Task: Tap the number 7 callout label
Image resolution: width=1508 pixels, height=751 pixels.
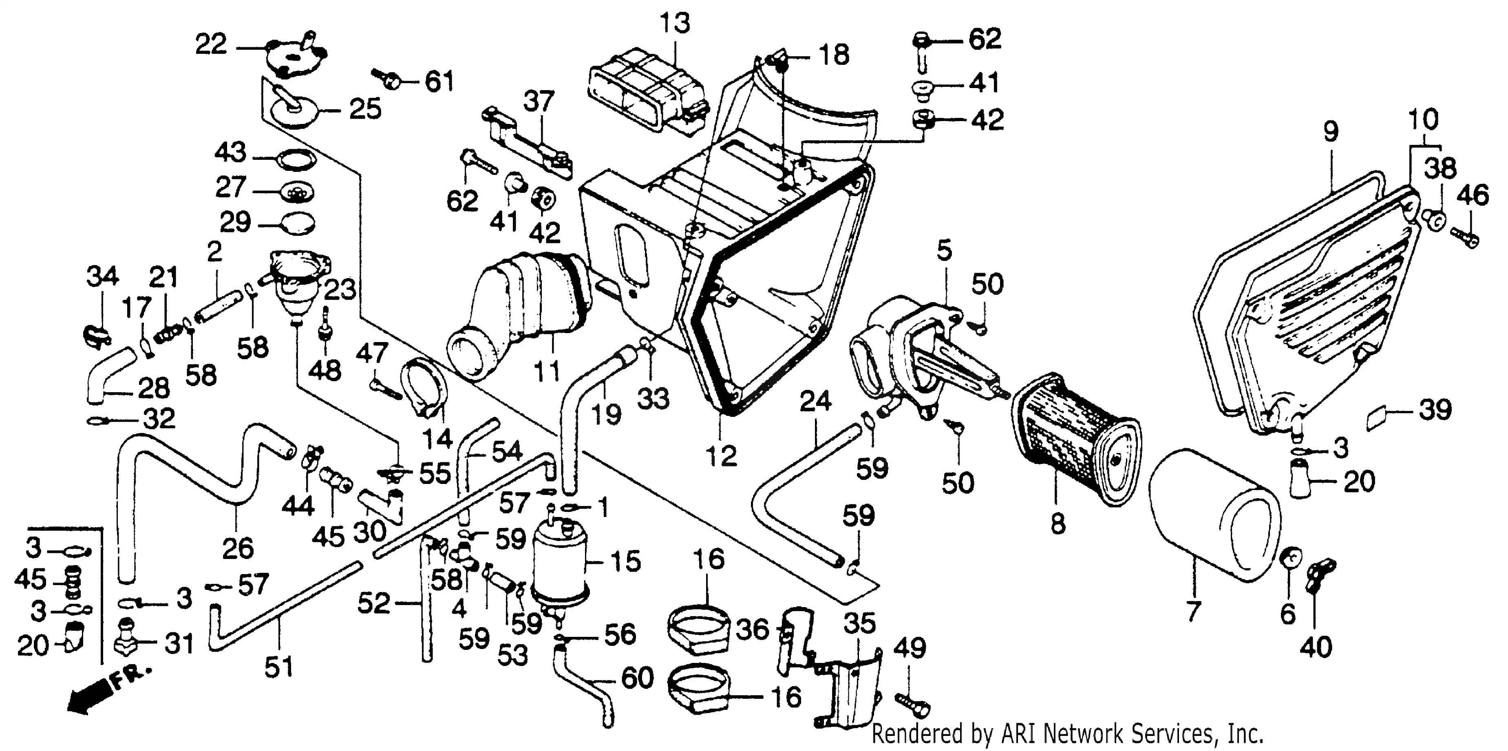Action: point(1193,611)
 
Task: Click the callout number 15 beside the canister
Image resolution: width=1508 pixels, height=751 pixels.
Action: point(625,561)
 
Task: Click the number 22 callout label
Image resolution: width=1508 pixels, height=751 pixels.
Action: point(210,44)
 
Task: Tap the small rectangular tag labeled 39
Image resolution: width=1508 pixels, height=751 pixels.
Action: point(1378,420)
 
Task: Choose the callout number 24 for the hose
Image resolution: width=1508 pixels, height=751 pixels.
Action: point(815,402)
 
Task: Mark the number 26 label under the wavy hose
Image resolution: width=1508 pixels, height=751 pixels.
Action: point(238,548)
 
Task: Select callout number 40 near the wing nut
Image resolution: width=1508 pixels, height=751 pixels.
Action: point(1316,647)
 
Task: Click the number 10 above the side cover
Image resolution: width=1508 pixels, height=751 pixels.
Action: point(1423,119)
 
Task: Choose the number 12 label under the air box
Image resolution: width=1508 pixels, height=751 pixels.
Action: point(721,456)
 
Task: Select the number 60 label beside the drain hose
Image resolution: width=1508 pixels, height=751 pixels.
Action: point(637,678)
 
